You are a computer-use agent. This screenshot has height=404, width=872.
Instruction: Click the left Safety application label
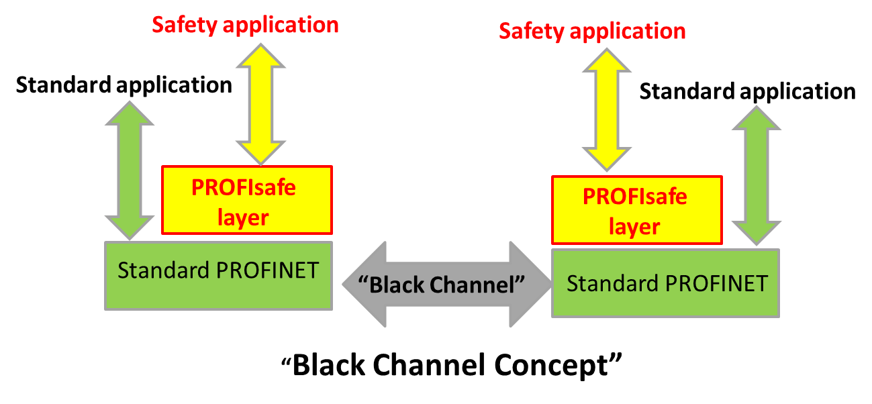pos(245,26)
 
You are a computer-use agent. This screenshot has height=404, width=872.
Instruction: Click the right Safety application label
pos(592,31)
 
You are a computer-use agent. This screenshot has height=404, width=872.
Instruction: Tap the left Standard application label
pos(124,85)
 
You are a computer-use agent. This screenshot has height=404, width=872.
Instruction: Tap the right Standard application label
pos(747,91)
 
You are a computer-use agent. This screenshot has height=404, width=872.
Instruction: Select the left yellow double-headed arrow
pos(260,104)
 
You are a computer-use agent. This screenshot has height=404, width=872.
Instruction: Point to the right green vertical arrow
pos(756,176)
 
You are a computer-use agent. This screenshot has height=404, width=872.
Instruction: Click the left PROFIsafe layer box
pos(246,200)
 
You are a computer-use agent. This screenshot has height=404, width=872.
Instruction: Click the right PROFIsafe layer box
pos(636,210)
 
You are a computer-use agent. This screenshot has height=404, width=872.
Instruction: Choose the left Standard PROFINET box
pos(218,275)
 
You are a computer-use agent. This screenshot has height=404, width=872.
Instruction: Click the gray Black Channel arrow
pos(446,285)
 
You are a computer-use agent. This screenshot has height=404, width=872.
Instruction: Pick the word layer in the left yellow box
pos(244,217)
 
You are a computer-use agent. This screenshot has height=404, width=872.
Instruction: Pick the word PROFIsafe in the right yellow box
pos(634,197)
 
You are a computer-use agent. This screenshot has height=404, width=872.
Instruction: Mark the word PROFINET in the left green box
pos(267,270)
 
